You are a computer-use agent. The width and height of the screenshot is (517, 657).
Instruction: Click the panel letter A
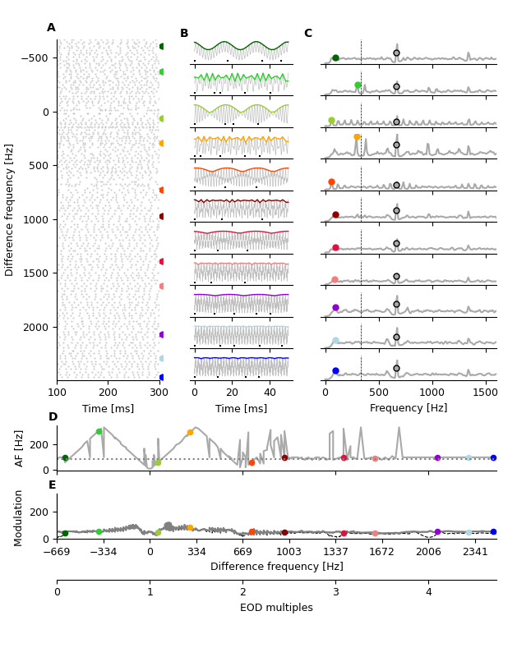(51, 28)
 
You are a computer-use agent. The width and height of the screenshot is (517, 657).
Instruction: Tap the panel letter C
(307, 34)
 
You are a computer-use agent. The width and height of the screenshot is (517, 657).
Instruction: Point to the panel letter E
(52, 485)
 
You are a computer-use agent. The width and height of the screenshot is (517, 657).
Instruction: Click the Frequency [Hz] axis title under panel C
(409, 408)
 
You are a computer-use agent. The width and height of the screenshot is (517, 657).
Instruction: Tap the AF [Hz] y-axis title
(21, 448)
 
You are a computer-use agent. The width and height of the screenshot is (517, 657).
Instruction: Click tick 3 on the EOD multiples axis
(335, 592)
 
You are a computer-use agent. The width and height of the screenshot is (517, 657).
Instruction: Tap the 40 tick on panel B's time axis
(270, 392)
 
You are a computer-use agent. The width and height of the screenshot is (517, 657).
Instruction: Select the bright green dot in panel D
(99, 431)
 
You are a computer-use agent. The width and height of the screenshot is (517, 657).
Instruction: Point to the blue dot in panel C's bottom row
(335, 371)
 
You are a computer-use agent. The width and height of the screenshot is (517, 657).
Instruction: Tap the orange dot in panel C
(357, 137)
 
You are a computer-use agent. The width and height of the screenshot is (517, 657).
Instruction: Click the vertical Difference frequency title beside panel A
(11, 209)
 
